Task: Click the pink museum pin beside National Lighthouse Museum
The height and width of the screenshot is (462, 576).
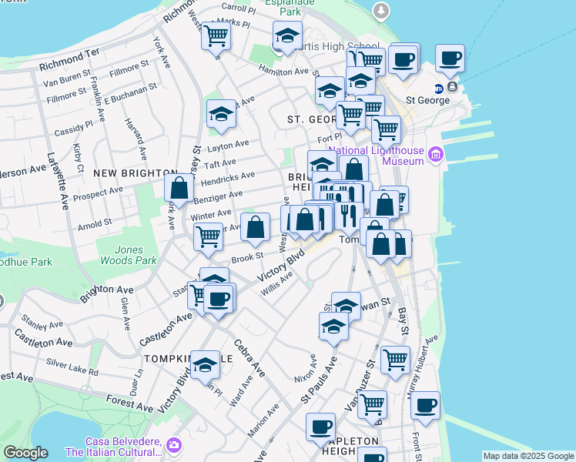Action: [x=436, y=156]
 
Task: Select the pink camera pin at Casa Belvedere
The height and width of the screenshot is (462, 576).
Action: [x=175, y=446]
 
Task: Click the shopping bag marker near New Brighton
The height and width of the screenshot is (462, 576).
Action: [x=179, y=188]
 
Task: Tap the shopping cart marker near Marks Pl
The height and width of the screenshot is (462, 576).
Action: [x=216, y=35]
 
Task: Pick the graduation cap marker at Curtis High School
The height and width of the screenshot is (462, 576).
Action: [x=287, y=35]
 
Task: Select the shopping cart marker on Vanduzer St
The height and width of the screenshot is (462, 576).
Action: [x=372, y=403]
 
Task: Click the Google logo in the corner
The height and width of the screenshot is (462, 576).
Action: [x=25, y=453]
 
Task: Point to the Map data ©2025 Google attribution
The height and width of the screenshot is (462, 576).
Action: [x=528, y=456]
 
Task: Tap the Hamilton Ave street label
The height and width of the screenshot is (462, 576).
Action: [x=283, y=71]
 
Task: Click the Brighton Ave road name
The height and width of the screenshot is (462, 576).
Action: [x=106, y=290]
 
